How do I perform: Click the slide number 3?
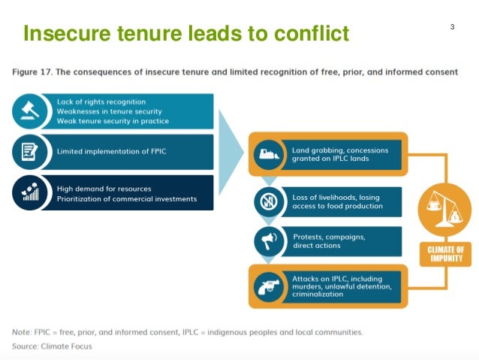pos(453,28)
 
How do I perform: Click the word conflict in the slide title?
pos(308,34)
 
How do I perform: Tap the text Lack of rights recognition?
pos(101,101)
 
